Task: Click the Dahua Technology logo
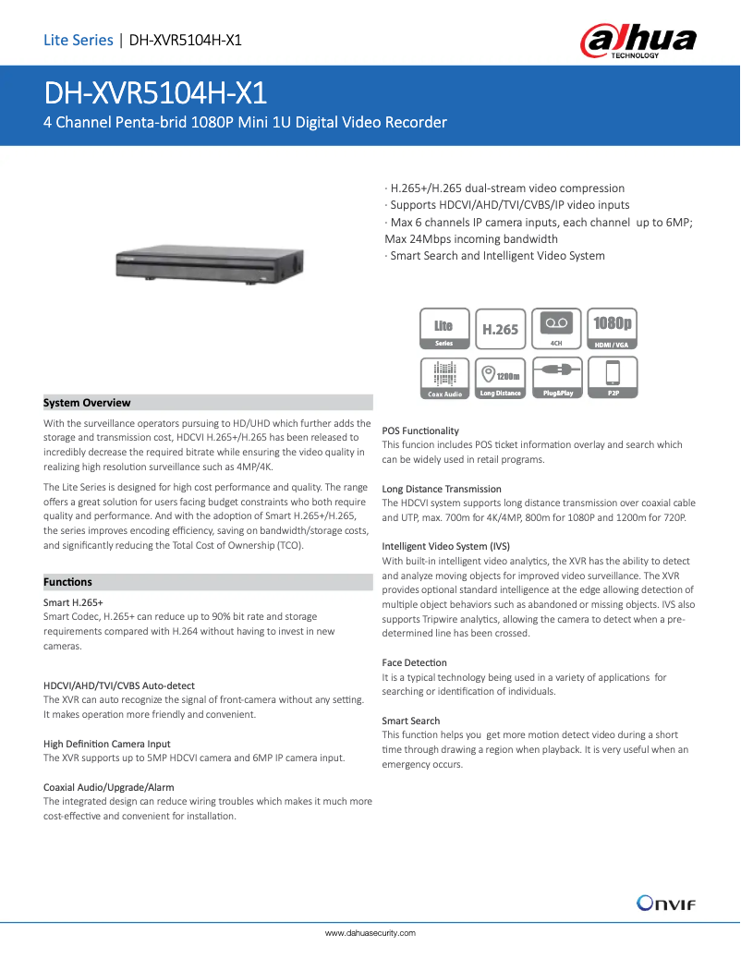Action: (638, 41)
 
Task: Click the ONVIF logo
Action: (665, 903)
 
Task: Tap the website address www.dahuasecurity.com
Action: (370, 933)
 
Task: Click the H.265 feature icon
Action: (500, 329)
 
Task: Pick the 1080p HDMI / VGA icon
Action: (613, 329)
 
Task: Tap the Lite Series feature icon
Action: (443, 329)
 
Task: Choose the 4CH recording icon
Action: (556, 329)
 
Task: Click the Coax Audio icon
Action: (443, 379)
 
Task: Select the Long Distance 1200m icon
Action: (500, 379)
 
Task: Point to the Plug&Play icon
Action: (556, 379)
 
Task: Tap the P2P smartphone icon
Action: (613, 379)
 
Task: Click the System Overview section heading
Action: (87, 403)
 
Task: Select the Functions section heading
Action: (67, 582)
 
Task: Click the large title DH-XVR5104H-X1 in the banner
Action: (156, 93)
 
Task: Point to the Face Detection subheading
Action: (414, 662)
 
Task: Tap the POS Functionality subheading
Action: (420, 430)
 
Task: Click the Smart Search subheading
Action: (410, 721)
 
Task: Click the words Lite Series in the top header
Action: (78, 40)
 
